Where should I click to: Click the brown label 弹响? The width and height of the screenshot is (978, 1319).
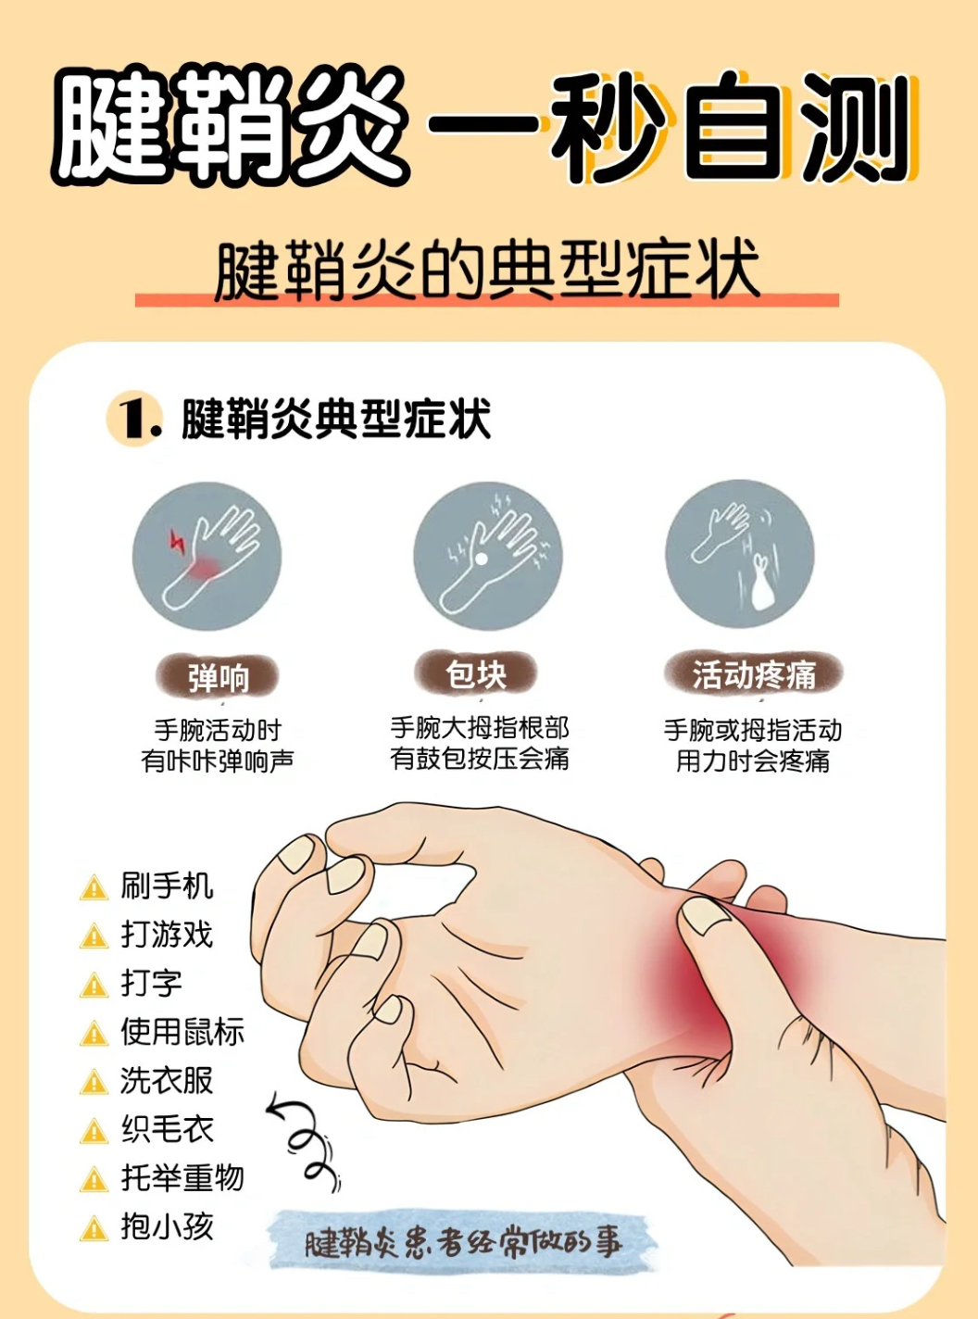218,676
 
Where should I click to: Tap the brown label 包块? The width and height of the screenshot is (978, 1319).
476,673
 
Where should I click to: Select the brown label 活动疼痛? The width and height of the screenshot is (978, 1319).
753,674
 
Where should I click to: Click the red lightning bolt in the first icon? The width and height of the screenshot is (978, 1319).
177,541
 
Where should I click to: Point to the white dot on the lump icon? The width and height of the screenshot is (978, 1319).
482,559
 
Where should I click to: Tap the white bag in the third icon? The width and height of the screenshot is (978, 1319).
761,584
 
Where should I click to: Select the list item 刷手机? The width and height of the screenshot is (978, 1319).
167,886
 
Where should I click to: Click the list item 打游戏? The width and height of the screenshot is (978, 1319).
167,935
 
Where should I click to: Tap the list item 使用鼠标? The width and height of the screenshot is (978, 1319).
182,1031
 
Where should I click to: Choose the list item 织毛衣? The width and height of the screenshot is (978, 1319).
167,1129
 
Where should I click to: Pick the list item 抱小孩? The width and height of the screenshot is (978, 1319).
167,1226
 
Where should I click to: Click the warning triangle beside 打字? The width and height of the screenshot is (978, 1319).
94,986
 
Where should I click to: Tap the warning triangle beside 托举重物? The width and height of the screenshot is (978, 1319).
94,1179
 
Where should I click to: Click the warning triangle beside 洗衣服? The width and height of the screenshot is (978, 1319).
94,1082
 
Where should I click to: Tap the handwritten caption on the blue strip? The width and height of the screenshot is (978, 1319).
463,1242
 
